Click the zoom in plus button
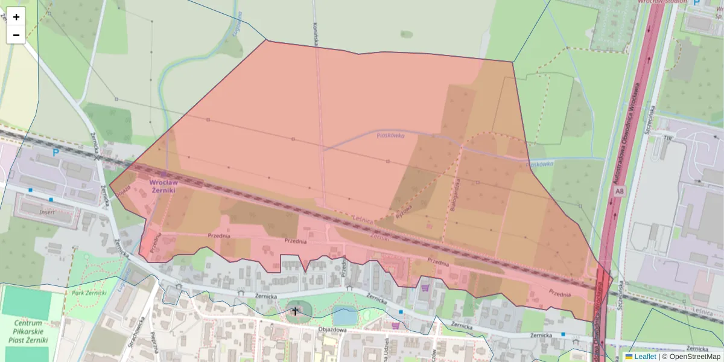[x=16, y=17]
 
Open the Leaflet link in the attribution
[x=645, y=357]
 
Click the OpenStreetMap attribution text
[x=691, y=357]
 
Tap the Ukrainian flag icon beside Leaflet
[x=629, y=357]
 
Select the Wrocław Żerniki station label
[x=163, y=185]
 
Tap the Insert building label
[x=47, y=212]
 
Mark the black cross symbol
[x=295, y=311]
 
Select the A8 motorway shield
[x=620, y=191]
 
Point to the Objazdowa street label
[x=332, y=330]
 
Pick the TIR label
[x=667, y=138]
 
